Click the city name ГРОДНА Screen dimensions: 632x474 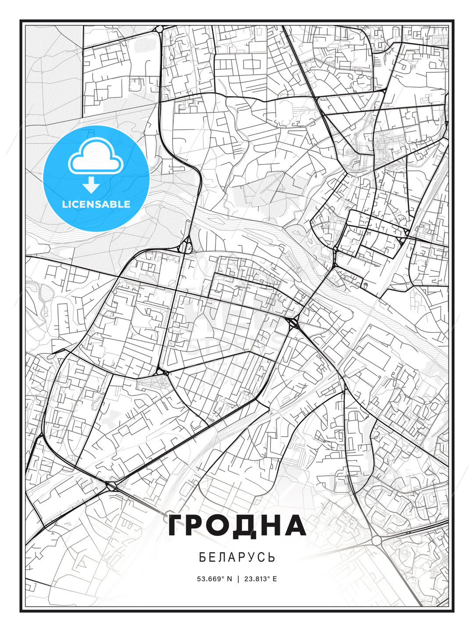point(237,526)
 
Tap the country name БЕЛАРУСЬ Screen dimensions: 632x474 point(237,557)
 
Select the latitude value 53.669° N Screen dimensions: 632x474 point(214,579)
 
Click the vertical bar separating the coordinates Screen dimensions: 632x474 point(237,579)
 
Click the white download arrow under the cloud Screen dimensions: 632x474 point(91,185)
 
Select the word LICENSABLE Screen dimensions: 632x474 point(96,204)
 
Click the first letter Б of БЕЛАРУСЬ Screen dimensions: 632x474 point(202,557)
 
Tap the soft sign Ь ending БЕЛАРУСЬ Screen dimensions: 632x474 point(272,557)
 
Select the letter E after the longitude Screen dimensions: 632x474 point(275,579)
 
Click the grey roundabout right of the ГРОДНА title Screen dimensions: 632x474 point(377,541)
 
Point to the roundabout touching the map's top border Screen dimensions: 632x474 point(159,29)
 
